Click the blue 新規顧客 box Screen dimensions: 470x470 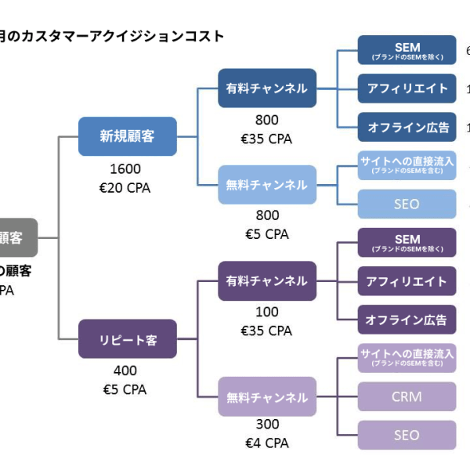pos(127,136)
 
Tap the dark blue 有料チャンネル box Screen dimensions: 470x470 pos(266,88)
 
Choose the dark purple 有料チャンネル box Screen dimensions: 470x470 pos(266,280)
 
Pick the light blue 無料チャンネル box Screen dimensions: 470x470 pos(266,185)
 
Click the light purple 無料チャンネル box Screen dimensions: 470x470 pos(266,396)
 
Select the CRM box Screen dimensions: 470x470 pos(407,396)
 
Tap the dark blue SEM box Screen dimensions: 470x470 pos(407,49)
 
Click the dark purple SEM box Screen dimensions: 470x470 pos(407,242)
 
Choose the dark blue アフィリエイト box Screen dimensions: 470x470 pos(407,88)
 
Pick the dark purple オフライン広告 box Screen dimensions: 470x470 pos(407,319)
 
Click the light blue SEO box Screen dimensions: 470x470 pos(407,204)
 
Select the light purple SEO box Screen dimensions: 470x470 pos(407,435)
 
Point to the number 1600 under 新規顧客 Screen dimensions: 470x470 pos(126,169)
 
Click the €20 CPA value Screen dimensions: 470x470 pos(126,188)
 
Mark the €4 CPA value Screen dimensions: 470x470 pos(266,443)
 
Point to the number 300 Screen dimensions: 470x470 pos(266,425)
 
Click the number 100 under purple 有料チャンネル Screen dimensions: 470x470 pos(266,312)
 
